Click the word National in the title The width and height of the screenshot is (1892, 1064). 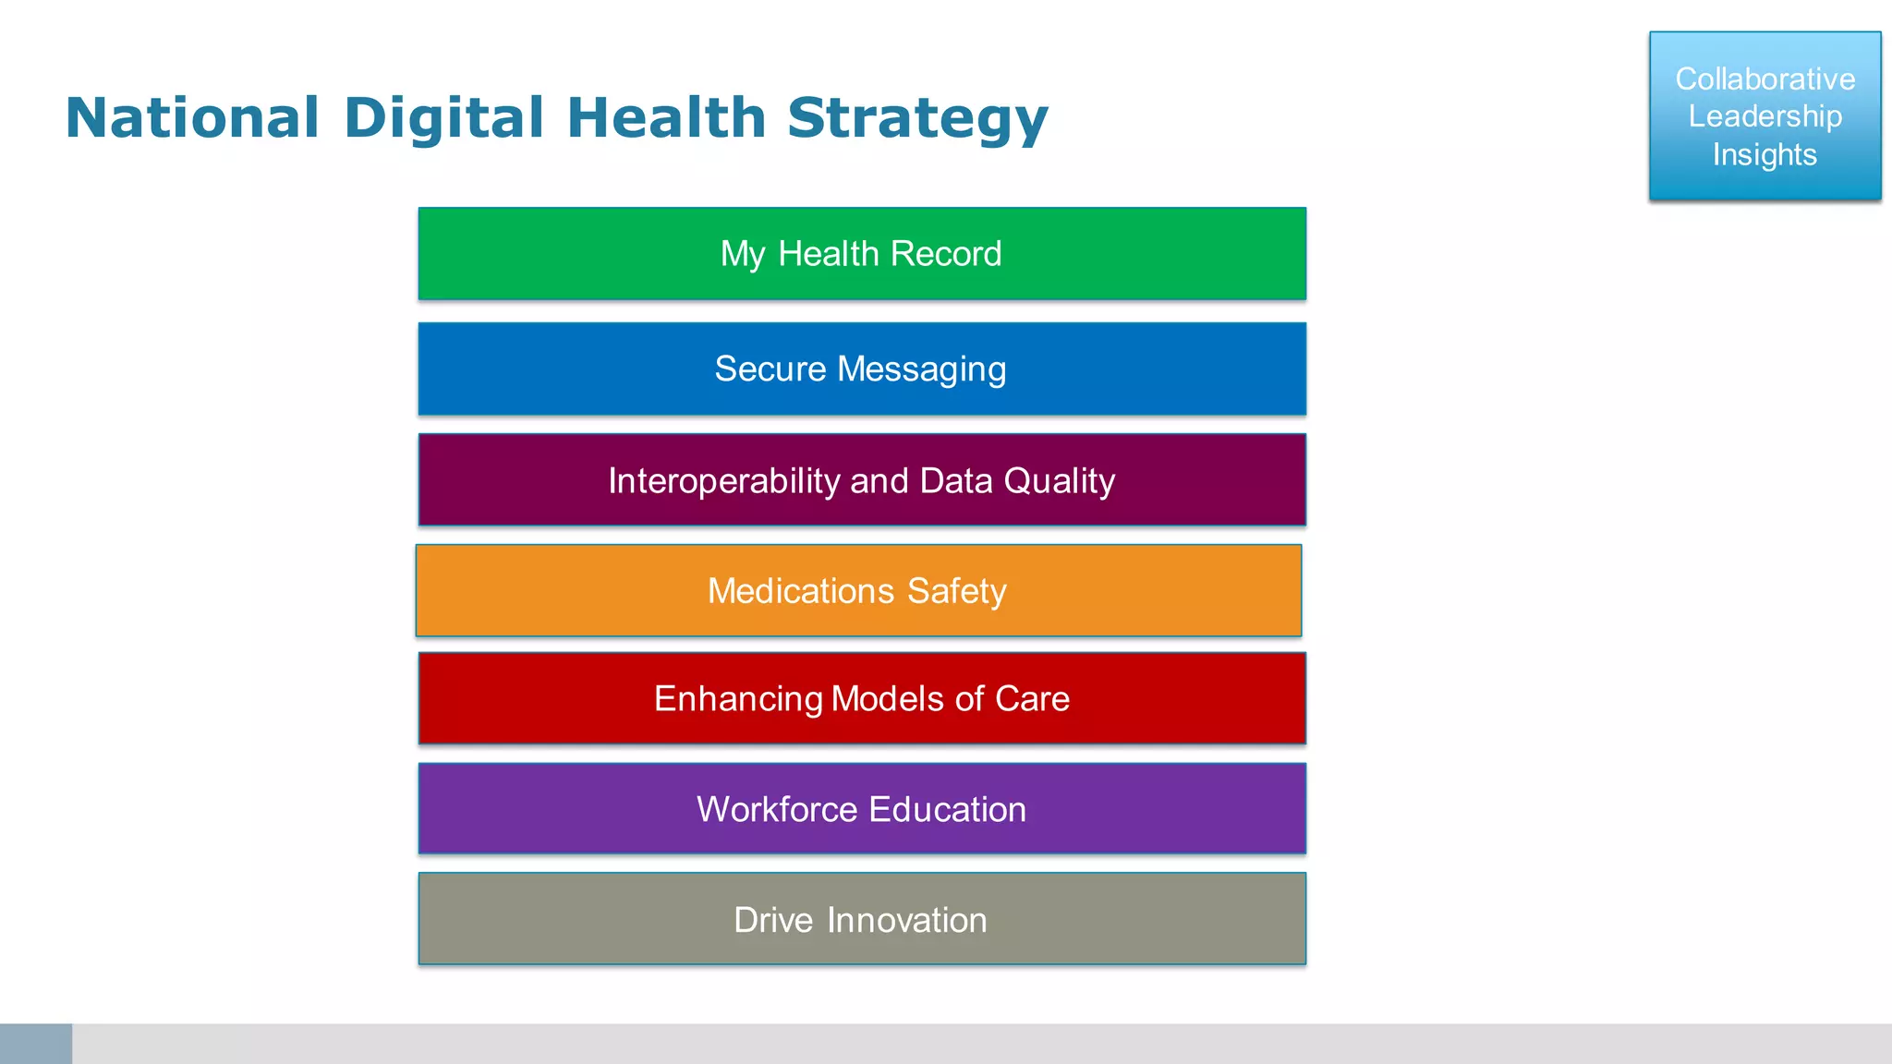(x=192, y=118)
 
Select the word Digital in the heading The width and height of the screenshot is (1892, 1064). (x=443, y=118)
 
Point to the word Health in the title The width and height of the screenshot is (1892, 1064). (x=666, y=118)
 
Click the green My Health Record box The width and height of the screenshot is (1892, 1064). (x=862, y=253)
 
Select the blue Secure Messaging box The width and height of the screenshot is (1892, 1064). (x=862, y=369)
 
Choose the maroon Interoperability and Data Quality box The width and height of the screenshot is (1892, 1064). (x=862, y=480)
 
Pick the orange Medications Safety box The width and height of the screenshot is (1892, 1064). (x=858, y=591)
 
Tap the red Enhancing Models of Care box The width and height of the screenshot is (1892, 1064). (x=862, y=698)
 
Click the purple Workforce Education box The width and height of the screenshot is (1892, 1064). (x=862, y=809)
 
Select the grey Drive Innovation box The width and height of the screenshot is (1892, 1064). (x=862, y=919)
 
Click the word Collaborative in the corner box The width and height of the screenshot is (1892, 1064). (x=1765, y=79)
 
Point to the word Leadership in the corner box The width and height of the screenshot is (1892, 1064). (x=1765, y=117)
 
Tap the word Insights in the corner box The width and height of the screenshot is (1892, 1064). (x=1765, y=154)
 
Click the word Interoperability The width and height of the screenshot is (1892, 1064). (x=723, y=481)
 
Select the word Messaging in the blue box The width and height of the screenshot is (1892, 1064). (x=921, y=369)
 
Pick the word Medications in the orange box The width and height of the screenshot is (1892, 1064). (x=801, y=591)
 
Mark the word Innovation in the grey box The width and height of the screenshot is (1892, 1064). (x=906, y=920)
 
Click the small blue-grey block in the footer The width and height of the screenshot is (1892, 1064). (x=36, y=1044)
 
